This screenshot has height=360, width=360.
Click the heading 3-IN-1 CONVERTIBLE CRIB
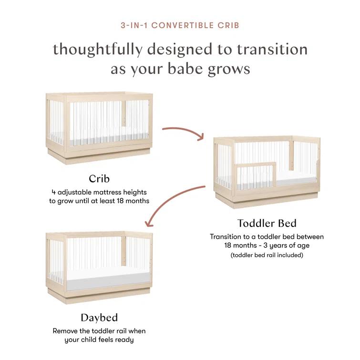point(180,25)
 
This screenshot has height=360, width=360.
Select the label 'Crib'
point(99,179)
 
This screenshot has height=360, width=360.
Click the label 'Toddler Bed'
point(267,223)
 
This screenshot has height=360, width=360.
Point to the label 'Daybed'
point(99,317)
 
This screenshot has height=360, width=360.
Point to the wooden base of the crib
point(99,156)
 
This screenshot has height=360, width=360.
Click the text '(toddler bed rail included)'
point(267,255)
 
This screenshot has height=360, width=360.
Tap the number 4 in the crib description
point(53,192)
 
